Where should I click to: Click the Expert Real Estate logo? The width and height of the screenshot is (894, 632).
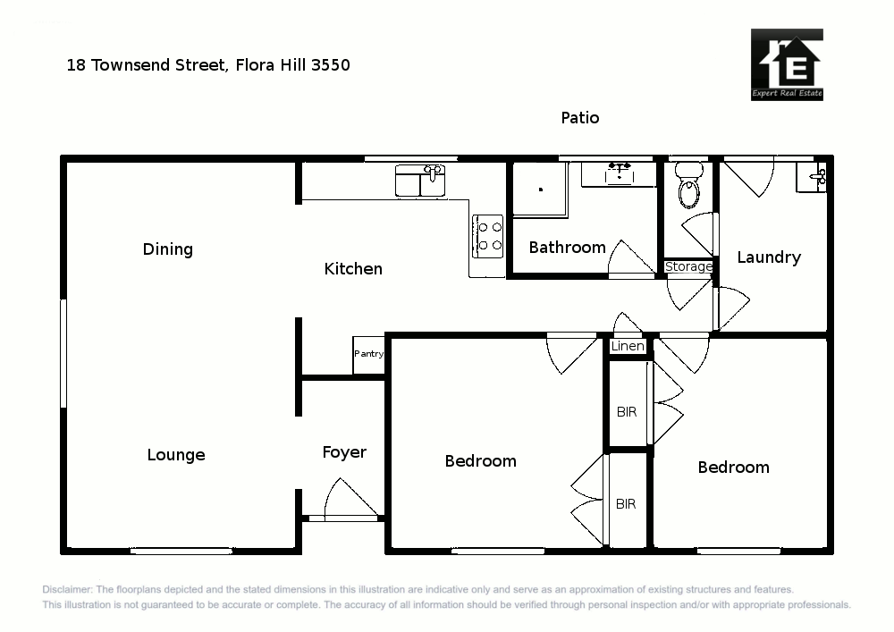click(787, 64)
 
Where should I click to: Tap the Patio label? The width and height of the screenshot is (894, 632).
click(580, 117)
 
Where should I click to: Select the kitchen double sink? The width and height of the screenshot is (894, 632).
click(420, 180)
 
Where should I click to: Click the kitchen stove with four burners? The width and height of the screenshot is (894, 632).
click(488, 235)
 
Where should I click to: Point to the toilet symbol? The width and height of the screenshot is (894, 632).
click(688, 185)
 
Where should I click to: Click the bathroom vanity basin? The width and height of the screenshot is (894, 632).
click(619, 173)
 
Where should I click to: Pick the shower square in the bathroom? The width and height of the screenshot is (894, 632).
click(540, 189)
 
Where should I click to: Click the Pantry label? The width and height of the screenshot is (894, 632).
click(368, 354)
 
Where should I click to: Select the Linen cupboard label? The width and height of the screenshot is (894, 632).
click(628, 346)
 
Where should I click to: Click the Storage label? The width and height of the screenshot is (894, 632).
click(688, 266)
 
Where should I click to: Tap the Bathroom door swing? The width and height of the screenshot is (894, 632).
click(630, 259)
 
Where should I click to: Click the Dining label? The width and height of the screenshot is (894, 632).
click(168, 249)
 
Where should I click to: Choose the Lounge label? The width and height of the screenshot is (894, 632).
click(176, 455)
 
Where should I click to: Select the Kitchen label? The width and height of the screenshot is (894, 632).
click(353, 269)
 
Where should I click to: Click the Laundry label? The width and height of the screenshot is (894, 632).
click(769, 257)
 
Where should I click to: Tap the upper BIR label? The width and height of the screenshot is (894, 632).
click(627, 412)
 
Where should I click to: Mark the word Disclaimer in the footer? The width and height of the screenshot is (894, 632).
click(66, 590)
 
